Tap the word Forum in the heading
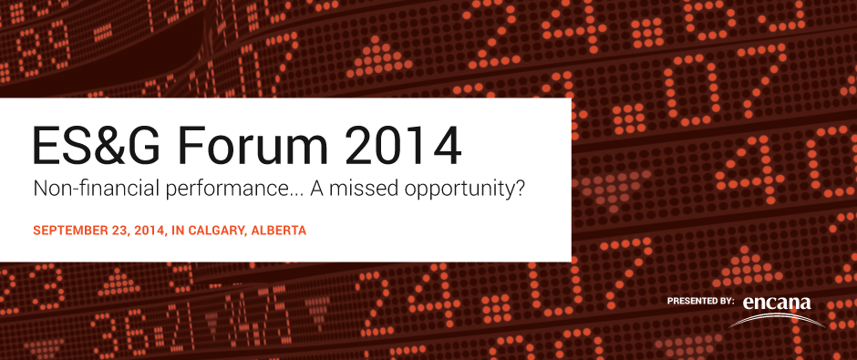[254, 146]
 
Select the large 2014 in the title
[403, 146]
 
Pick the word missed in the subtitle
[361, 190]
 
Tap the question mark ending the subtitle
[521, 190]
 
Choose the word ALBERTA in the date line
[281, 231]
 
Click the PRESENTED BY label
[700, 301]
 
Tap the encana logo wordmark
[776, 303]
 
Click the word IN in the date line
[177, 231]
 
